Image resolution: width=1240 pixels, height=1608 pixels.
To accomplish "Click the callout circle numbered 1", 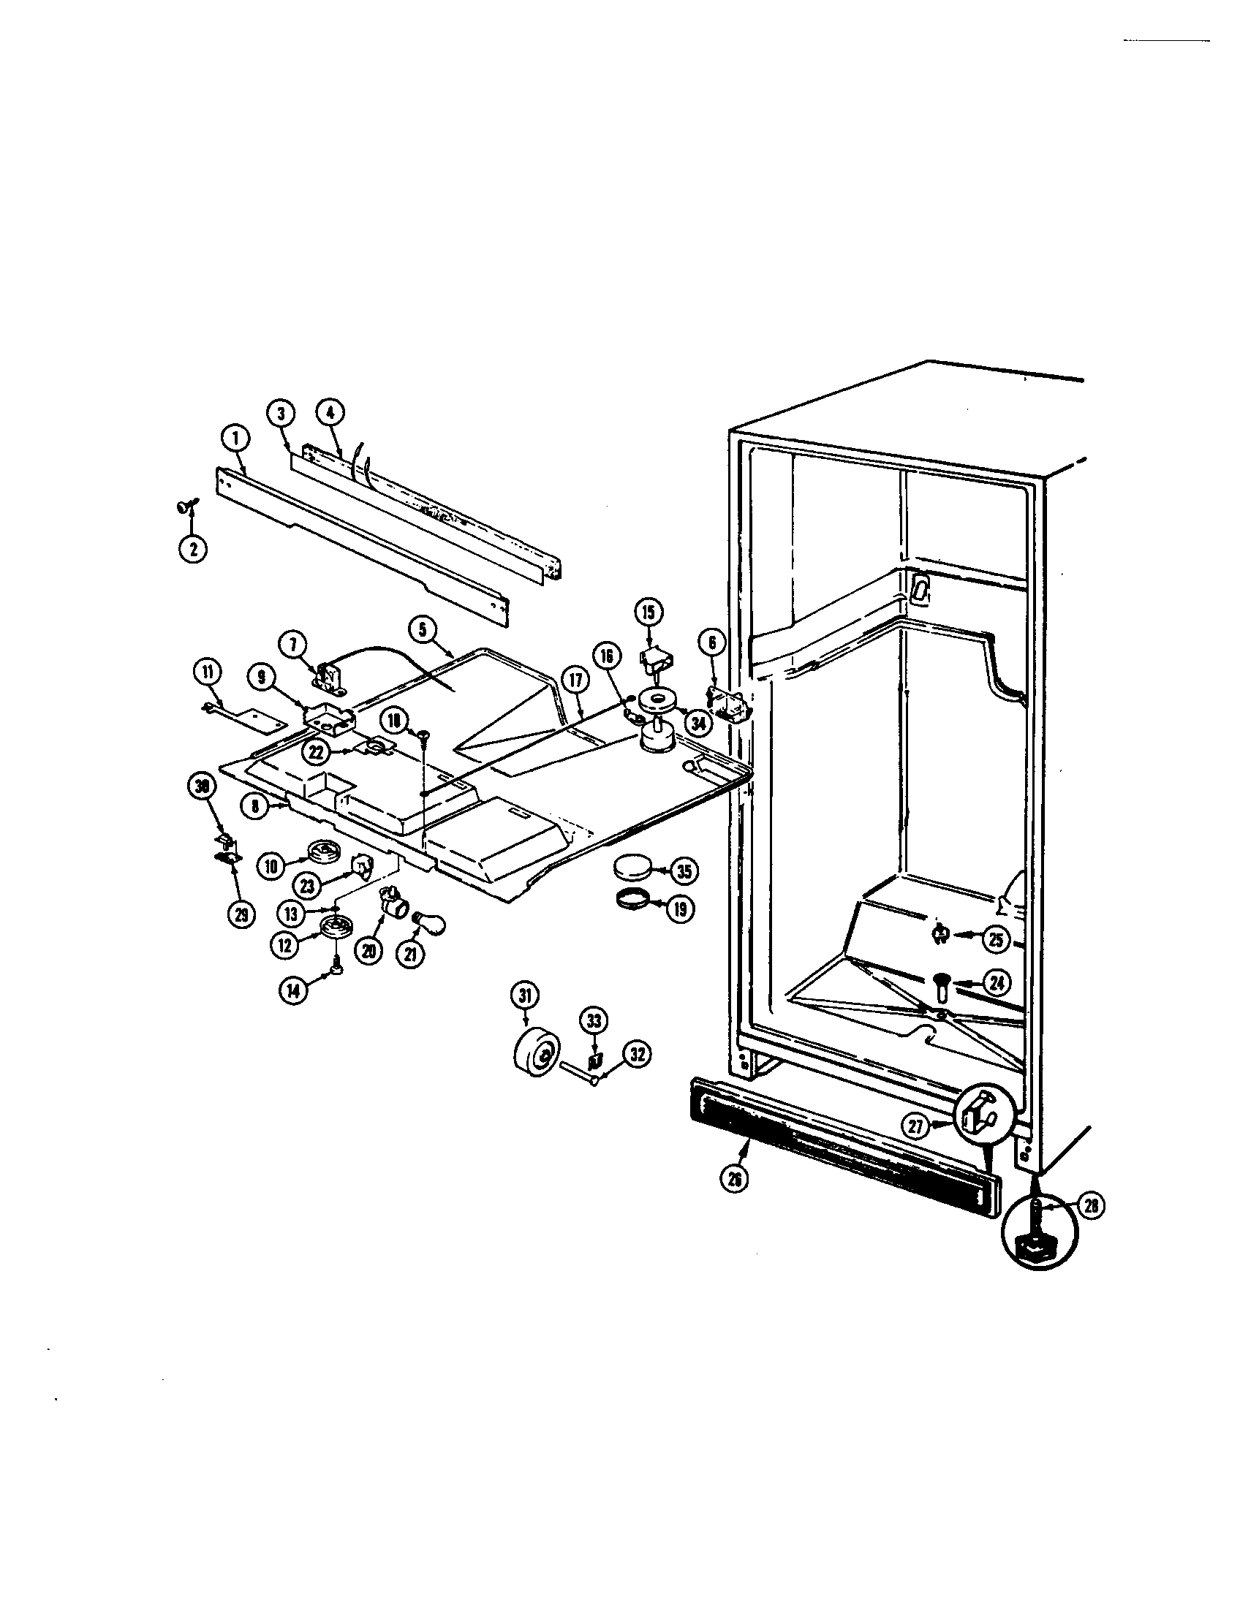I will click(235, 439).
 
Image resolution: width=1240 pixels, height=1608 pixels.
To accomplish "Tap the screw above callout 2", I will click(184, 507).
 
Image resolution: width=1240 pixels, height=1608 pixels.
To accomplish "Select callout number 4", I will click(330, 414).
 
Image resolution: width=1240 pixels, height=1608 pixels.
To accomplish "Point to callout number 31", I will click(525, 997).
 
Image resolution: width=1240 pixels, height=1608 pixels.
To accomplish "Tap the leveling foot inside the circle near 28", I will click(1037, 1235).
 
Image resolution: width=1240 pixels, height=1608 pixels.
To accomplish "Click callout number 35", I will click(684, 871).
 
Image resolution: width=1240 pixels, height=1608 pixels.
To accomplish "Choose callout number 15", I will click(649, 612).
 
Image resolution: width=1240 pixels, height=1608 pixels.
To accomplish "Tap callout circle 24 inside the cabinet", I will click(996, 984).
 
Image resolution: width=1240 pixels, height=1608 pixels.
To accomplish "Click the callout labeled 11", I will click(207, 671).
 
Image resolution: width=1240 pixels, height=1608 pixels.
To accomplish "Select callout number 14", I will click(294, 991).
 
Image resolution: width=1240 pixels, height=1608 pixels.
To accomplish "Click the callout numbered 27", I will click(915, 1124).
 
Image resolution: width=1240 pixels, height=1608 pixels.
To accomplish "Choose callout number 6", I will click(711, 642).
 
